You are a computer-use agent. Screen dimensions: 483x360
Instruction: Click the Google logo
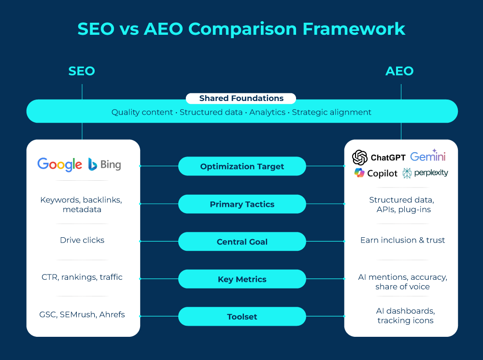coord(59,164)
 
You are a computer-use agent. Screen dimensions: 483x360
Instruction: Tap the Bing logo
coord(105,165)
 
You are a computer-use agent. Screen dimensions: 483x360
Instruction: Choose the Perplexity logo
coord(425,173)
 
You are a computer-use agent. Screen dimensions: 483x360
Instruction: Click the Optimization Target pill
coord(242,166)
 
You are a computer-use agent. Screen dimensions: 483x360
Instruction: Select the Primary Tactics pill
coord(242,204)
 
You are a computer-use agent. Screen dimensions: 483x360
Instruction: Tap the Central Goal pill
coord(242,242)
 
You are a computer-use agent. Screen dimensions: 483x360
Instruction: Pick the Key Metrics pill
coord(242,279)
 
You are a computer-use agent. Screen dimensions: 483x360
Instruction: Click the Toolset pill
coord(242,317)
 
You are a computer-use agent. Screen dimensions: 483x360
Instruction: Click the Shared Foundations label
coord(241,99)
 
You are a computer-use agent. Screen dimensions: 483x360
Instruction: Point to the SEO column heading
coord(82,72)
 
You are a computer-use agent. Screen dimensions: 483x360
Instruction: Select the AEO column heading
coord(399,72)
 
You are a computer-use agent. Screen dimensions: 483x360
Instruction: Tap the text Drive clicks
coord(82,240)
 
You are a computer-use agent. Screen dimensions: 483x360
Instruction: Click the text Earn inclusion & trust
coord(402,240)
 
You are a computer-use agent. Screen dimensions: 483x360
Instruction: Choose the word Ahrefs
coord(112,315)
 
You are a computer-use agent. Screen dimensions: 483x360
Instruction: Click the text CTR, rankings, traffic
coord(82,277)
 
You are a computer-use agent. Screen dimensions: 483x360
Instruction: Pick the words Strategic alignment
coord(332,112)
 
